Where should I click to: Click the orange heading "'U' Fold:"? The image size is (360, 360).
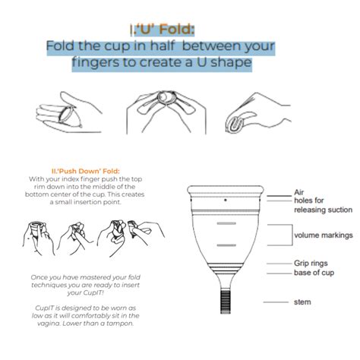(x=165, y=30)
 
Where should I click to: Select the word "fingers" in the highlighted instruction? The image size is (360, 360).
(x=95, y=62)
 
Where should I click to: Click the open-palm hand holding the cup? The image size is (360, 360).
(x=68, y=112)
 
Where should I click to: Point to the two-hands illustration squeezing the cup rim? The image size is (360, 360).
(x=166, y=112)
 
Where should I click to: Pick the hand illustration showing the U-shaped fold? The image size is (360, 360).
(x=257, y=113)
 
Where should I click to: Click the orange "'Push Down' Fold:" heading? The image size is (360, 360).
(x=85, y=171)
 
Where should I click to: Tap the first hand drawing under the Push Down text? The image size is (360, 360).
(x=39, y=238)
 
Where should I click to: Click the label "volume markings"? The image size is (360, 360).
(x=324, y=235)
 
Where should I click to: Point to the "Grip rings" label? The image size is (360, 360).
(x=311, y=264)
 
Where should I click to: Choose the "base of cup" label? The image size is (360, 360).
(x=314, y=273)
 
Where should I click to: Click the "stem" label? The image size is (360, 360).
(x=302, y=302)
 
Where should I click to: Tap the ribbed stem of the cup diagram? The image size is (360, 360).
(x=226, y=302)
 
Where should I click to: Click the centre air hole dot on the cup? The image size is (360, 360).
(x=226, y=200)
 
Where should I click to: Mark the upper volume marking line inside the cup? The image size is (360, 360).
(x=226, y=223)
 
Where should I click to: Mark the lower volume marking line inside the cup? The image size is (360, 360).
(x=226, y=245)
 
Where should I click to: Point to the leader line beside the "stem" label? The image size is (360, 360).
(x=276, y=302)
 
